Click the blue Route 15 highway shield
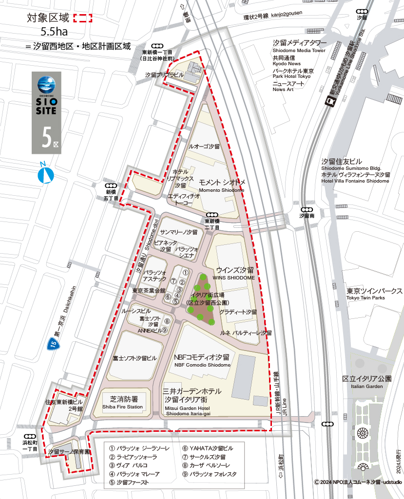[53, 345]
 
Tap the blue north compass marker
[45, 174]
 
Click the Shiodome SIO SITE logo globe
[47, 84]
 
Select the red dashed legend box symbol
[82, 19]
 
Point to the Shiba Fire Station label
[123, 403]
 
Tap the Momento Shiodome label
[221, 186]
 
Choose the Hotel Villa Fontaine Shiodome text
[355, 178]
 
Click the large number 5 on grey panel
[46, 138]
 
